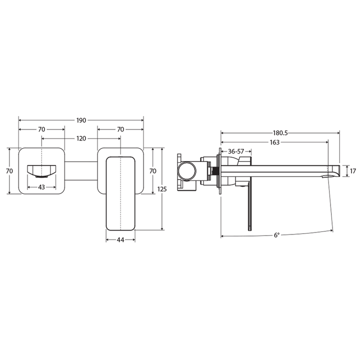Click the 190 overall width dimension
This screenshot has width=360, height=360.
click(81, 120)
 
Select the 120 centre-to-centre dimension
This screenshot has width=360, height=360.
click(81, 138)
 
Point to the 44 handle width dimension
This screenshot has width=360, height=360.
click(120, 240)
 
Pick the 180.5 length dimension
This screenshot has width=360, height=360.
click(280, 133)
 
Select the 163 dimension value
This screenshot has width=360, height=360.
click(274, 142)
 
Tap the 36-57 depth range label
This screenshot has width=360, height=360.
click(233, 151)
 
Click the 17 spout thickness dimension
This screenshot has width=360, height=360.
click(353, 171)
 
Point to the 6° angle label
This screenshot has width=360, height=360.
click(276, 235)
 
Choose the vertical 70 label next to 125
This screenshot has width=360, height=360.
click(153, 170)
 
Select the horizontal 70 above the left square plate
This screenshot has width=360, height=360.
click(41, 129)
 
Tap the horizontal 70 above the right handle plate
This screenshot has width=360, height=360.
click(120, 129)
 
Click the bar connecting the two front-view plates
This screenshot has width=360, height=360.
click(81, 170)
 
